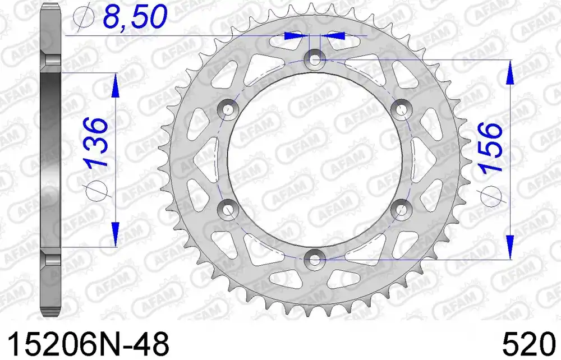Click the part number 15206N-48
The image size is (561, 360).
point(88,344)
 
